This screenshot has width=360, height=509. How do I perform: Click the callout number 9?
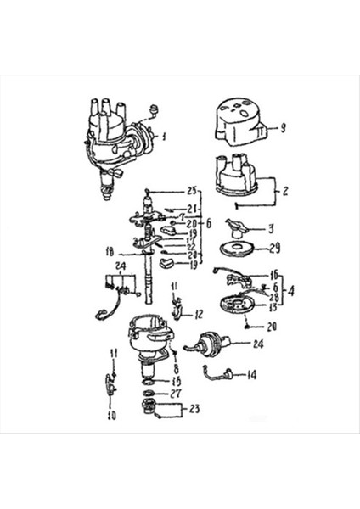click(x=283, y=128)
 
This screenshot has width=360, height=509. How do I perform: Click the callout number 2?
click(x=285, y=192)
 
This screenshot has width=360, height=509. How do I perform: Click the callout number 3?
click(x=272, y=228)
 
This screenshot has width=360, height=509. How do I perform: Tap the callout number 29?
click(x=273, y=249)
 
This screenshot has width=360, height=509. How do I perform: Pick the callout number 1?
click(x=165, y=136)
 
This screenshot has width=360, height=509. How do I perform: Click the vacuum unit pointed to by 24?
click(x=209, y=346)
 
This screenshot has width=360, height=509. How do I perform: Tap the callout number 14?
click(x=252, y=373)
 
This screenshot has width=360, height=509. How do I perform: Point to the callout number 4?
click(x=293, y=290)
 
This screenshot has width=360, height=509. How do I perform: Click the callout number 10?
click(x=111, y=417)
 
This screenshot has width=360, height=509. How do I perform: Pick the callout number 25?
click(x=191, y=190)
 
